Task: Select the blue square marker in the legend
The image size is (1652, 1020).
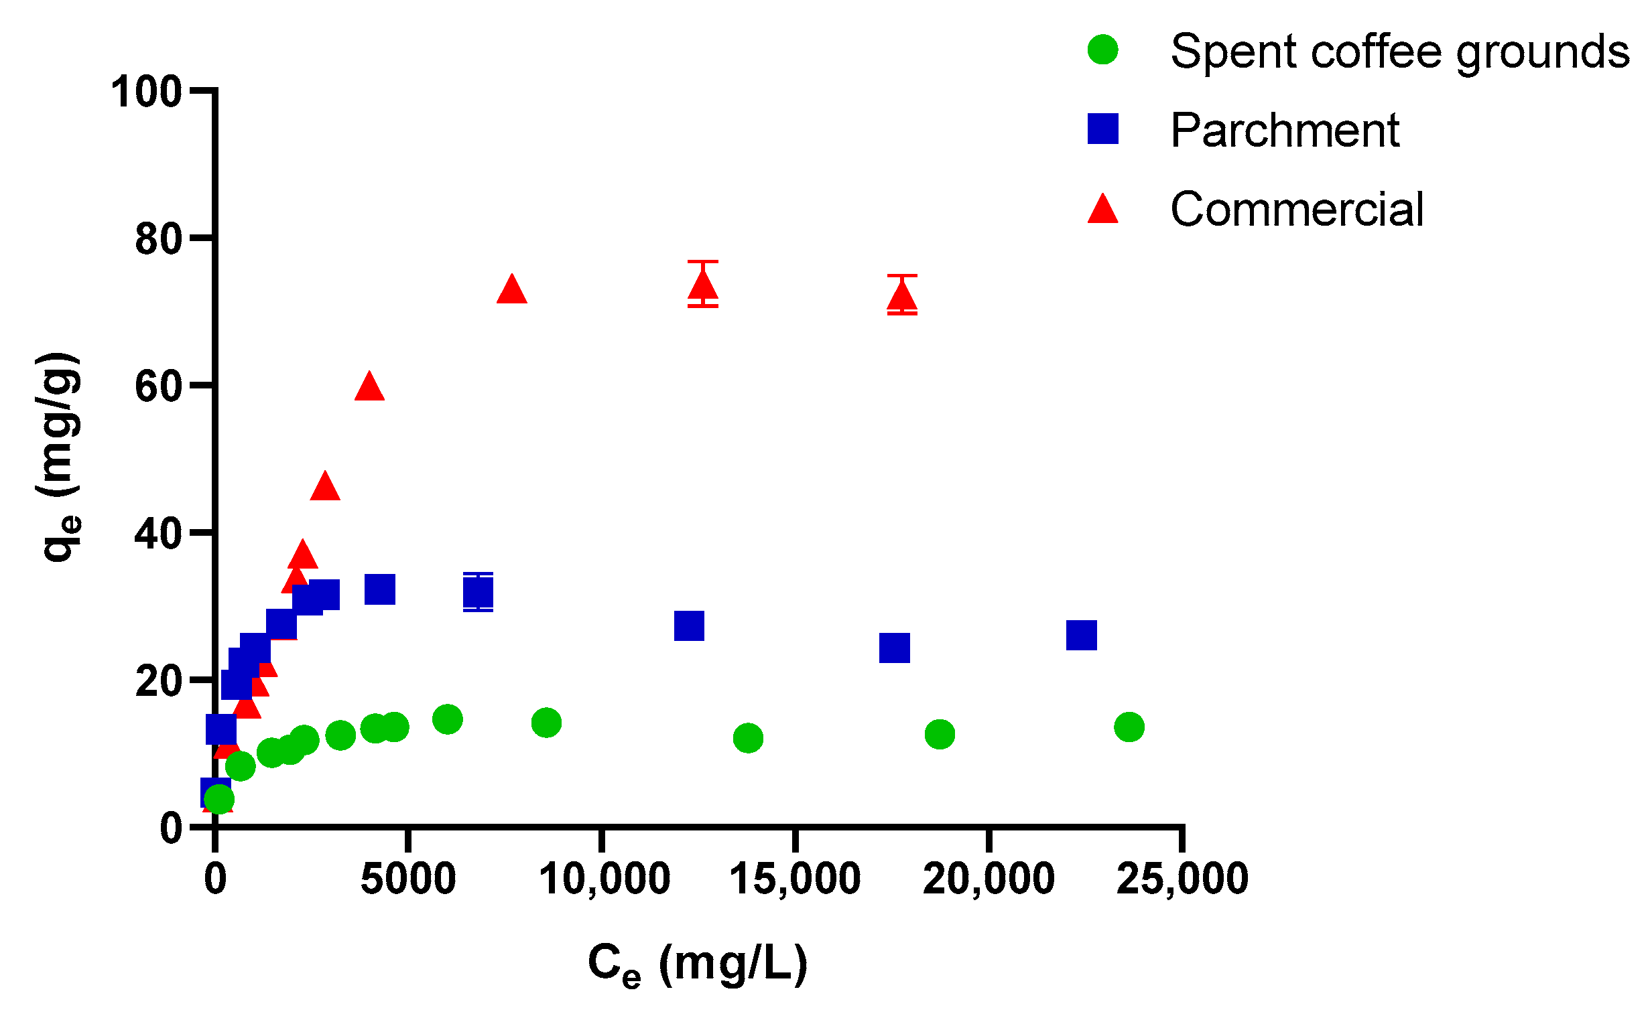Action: coord(1102,129)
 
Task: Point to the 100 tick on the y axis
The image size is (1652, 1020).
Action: coord(147,91)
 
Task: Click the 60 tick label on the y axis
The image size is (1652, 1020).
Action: coord(159,386)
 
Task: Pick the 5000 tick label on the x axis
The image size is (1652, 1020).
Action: coord(407,879)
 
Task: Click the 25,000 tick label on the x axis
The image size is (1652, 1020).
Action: coord(1182,879)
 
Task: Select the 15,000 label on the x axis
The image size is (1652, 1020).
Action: coord(794,879)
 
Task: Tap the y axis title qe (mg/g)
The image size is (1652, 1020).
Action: coord(60,457)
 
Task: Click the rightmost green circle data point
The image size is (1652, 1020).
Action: coord(1129,727)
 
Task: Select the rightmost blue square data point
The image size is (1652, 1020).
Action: coord(1081,635)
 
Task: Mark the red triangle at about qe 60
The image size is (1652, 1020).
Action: coord(369,387)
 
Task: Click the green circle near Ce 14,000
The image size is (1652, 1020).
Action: coord(747,738)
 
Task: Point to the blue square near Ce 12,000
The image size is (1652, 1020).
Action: coord(688,626)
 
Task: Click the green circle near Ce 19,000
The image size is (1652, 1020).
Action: coord(939,734)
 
